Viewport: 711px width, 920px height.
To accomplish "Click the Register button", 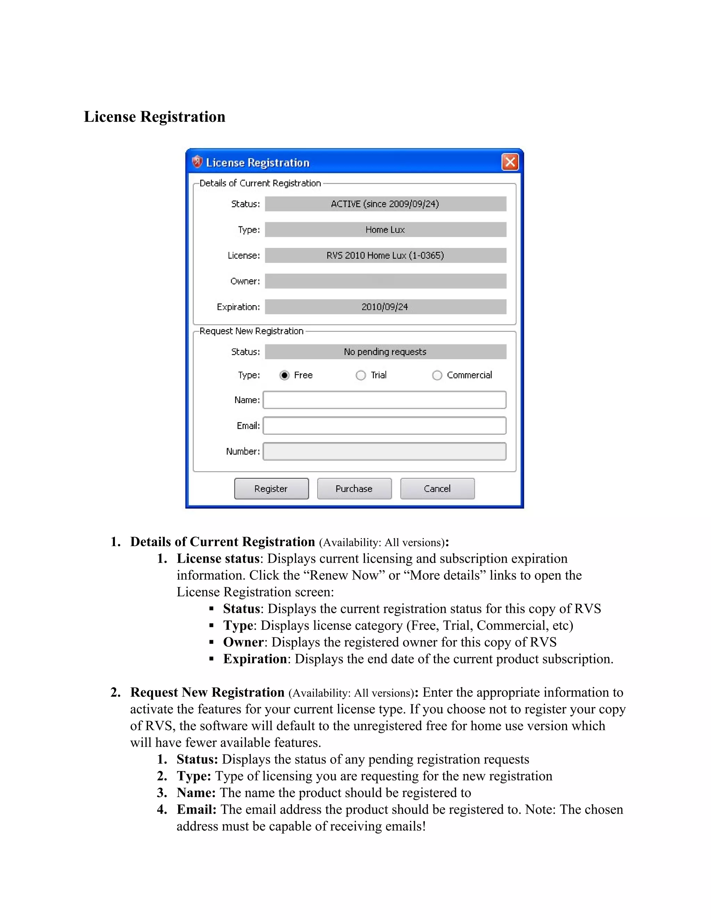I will (271, 489).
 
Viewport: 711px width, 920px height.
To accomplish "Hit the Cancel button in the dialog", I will (437, 489).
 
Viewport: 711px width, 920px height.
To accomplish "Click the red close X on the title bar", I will (510, 162).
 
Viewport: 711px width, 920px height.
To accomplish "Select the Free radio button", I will (285, 375).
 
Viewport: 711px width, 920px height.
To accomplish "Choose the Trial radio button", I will (361, 375).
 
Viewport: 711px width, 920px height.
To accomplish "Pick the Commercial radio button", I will (437, 375).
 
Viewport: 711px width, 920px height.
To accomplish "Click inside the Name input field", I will (384, 400).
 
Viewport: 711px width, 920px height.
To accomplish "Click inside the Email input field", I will (384, 426).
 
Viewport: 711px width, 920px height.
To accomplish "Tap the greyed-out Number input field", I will (384, 451).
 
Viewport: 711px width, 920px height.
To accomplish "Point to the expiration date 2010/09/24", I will (385, 307).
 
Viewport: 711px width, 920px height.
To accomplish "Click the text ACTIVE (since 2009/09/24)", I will (385, 204).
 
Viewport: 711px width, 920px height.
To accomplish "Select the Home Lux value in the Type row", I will (385, 229).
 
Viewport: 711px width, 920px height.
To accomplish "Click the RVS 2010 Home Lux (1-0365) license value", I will (385, 255).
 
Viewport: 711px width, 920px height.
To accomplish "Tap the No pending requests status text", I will (385, 352).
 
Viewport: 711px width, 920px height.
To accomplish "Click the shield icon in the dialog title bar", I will (197, 162).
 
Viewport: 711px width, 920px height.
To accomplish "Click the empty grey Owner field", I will (385, 281).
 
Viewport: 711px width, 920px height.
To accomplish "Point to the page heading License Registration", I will (154, 117).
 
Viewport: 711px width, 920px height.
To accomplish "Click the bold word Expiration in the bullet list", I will (255, 659).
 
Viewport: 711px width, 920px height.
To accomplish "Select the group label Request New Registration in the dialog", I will (251, 331).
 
